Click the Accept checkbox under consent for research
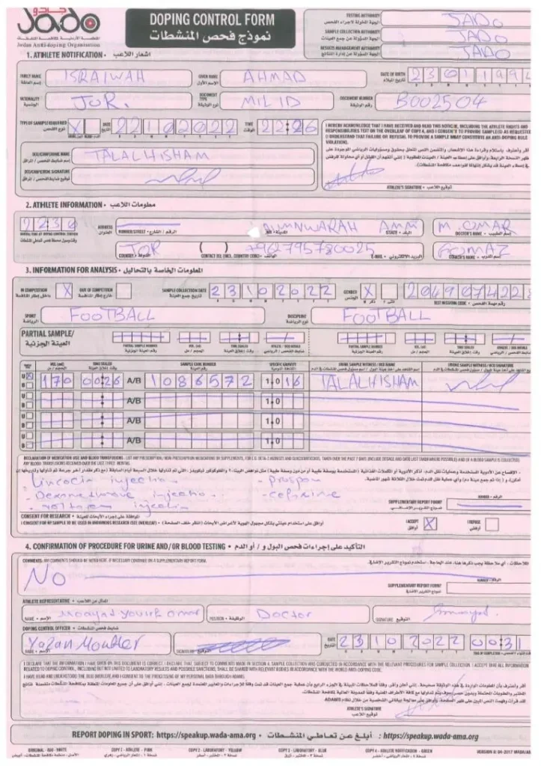pyautogui.click(x=430, y=523)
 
